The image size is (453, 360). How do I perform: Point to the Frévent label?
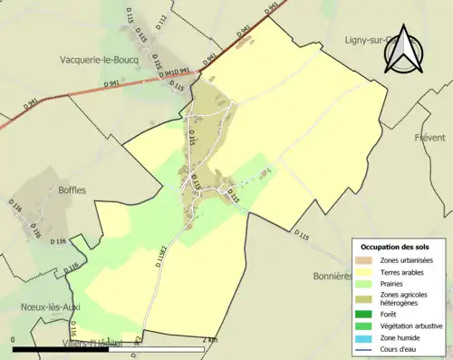[430, 138]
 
